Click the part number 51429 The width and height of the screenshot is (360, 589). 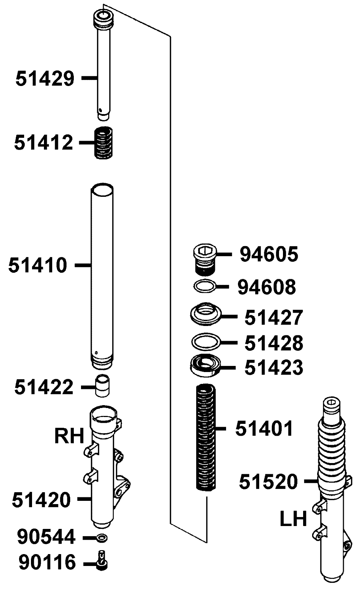(45, 78)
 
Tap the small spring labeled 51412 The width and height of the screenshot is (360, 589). (103, 143)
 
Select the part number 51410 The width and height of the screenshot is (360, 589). (38, 265)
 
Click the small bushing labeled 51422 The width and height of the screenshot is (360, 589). (102, 386)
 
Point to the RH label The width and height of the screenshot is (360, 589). (69, 436)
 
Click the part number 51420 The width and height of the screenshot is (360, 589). (41, 500)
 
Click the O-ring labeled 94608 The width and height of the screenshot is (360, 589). (205, 286)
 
